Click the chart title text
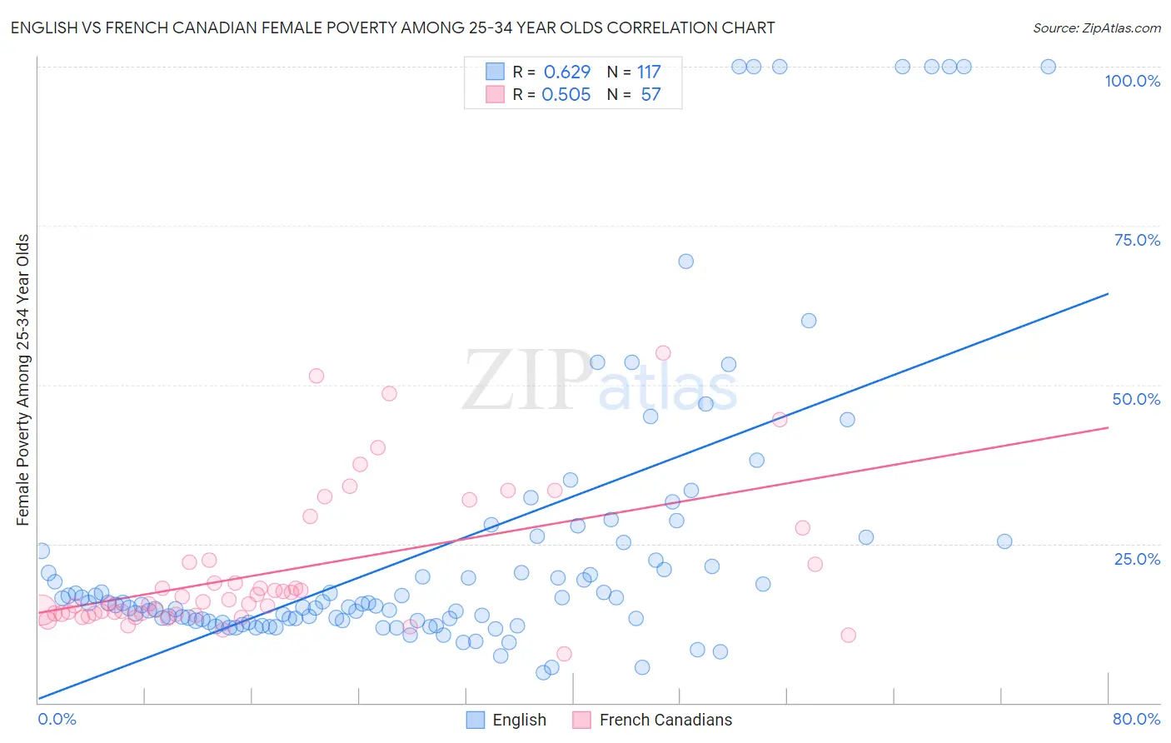tap(392, 28)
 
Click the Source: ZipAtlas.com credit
tap(1096, 28)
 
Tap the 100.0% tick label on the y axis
tap(1132, 81)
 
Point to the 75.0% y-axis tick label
tap(1137, 240)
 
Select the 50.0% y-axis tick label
tap(1136, 399)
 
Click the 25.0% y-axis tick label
tap(1137, 559)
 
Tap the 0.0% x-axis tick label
tap(57, 719)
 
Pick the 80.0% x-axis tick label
tap(1136, 719)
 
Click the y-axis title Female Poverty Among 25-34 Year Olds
tap(23, 380)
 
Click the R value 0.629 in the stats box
tap(566, 72)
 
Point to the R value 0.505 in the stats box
tap(566, 95)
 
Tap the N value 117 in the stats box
tap(649, 72)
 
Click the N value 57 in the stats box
tap(650, 95)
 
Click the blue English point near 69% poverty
tap(685, 262)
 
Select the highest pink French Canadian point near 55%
tap(663, 353)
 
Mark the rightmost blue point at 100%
tap(1048, 67)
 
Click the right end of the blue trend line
tap(1108, 293)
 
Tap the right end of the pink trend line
tap(1108, 427)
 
